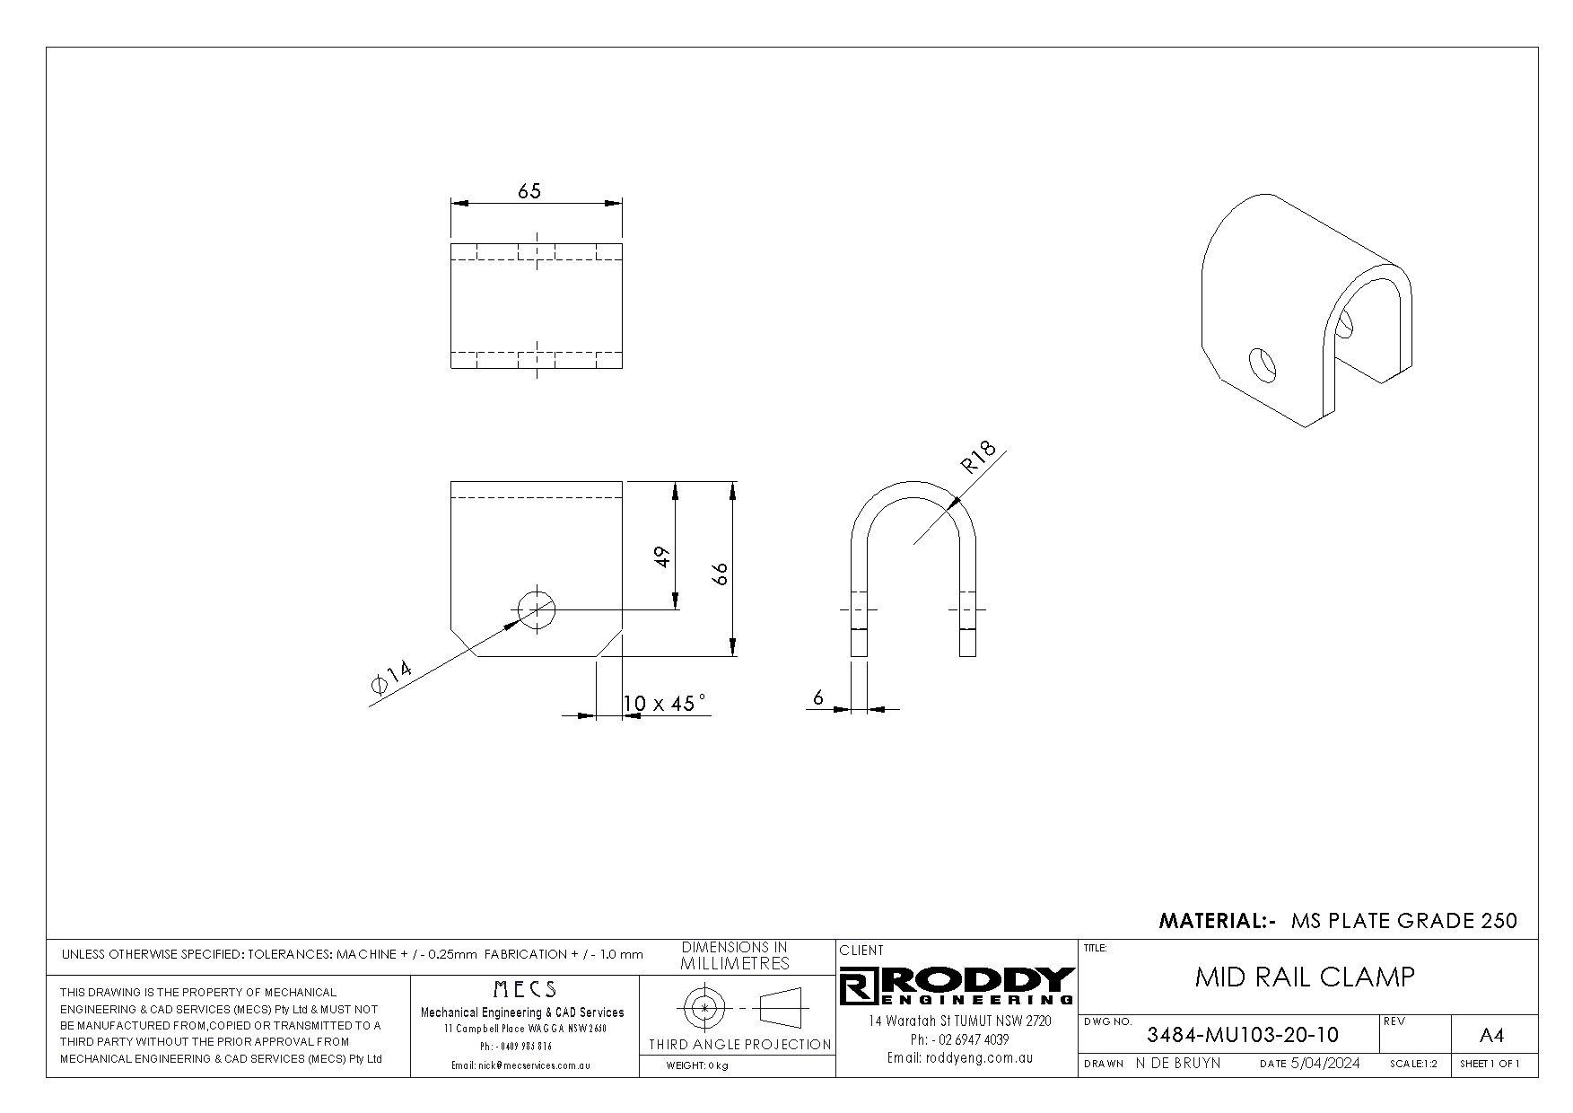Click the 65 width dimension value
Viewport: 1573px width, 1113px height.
pos(529,191)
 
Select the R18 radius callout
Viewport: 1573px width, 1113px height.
pos(979,458)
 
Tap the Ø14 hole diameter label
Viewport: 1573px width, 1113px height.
pos(391,677)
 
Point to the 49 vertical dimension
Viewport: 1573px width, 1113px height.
pos(662,556)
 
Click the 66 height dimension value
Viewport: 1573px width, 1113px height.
pos(720,574)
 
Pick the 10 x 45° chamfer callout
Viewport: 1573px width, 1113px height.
pos(665,703)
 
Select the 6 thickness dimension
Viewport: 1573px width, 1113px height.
pos(818,697)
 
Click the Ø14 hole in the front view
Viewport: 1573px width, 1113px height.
pos(537,610)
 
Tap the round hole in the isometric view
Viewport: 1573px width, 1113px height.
pos(1262,364)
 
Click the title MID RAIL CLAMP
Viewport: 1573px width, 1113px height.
pos(1305,977)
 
